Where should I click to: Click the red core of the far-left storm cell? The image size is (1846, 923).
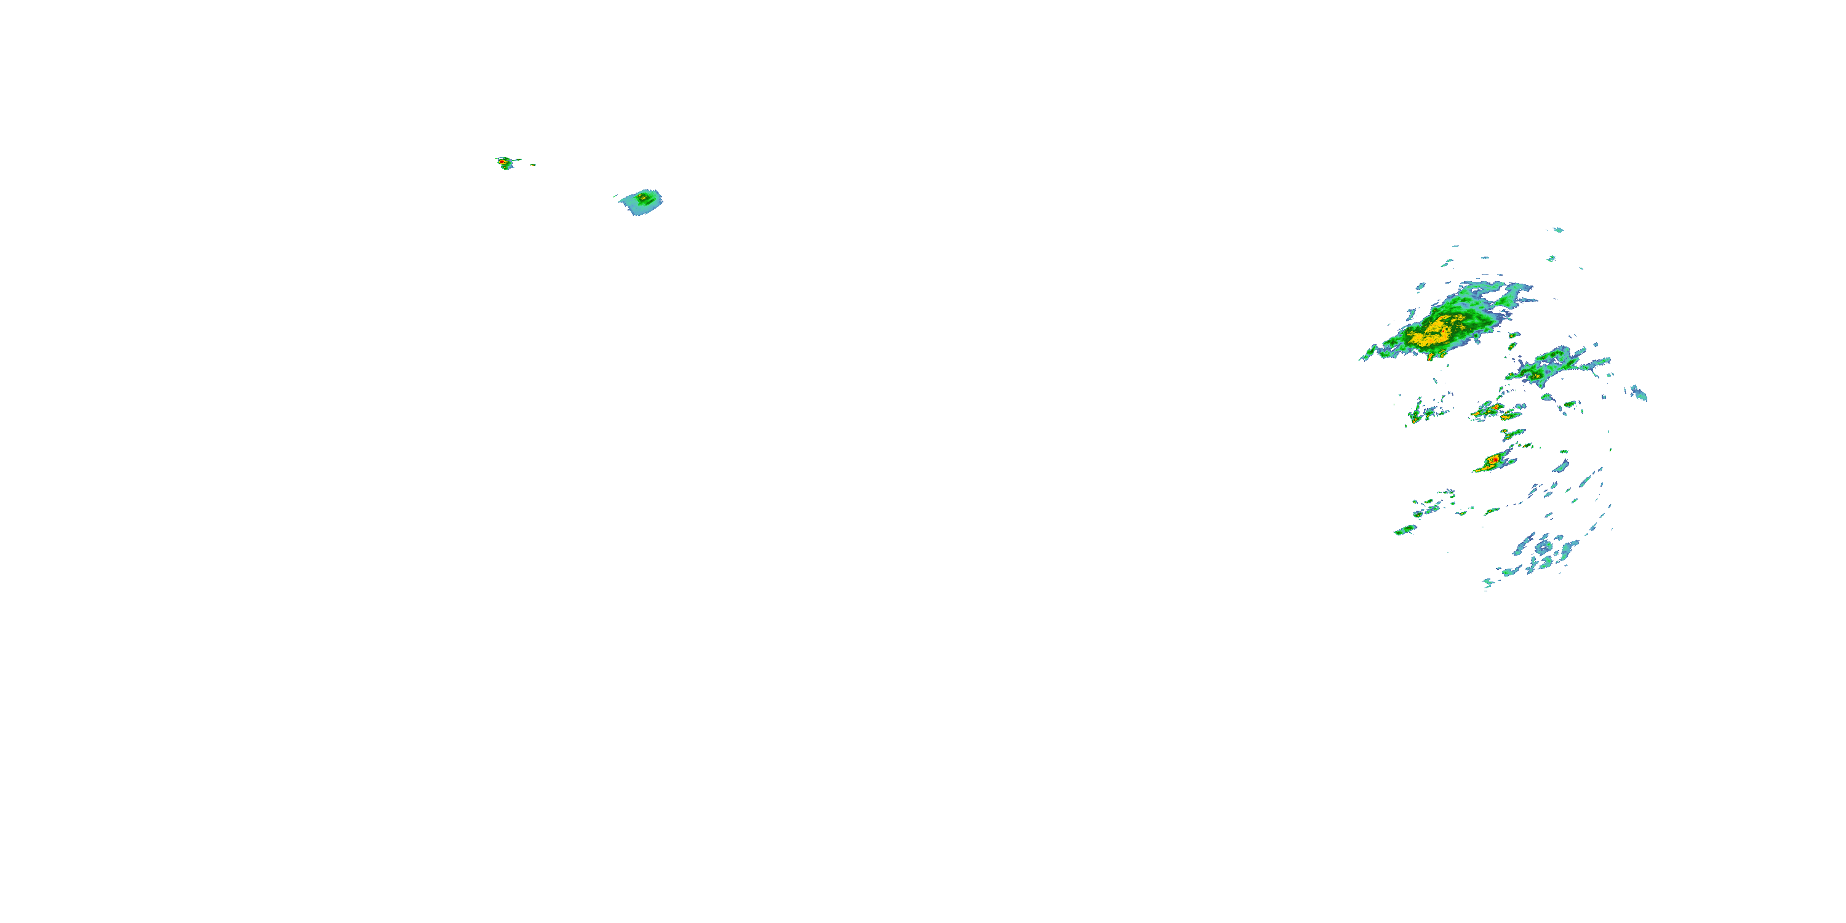pyautogui.click(x=501, y=162)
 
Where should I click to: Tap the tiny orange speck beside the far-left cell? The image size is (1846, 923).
pyautogui.click(x=533, y=165)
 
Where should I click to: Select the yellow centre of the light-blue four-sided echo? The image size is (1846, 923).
pyautogui.click(x=644, y=196)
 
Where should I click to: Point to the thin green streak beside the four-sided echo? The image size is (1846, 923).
pyautogui.click(x=615, y=196)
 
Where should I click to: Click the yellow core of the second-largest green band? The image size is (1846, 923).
pyautogui.click(x=1538, y=374)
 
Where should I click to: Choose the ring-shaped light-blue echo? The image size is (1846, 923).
pyautogui.click(x=1544, y=548)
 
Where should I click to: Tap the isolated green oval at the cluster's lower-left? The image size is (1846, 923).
pyautogui.click(x=1405, y=530)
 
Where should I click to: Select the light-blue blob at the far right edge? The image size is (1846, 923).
pyautogui.click(x=1639, y=393)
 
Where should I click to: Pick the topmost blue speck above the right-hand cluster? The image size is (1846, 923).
pyautogui.click(x=1558, y=230)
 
